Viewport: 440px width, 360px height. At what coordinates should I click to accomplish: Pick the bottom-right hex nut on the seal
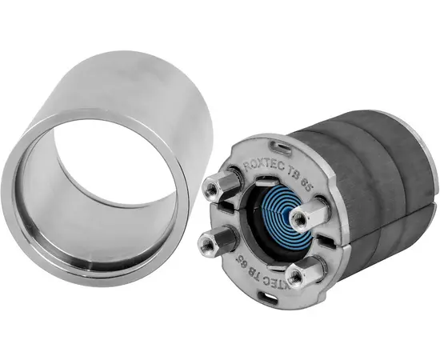click(x=302, y=274)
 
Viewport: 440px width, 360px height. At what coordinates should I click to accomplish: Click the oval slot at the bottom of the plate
click(x=274, y=298)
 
